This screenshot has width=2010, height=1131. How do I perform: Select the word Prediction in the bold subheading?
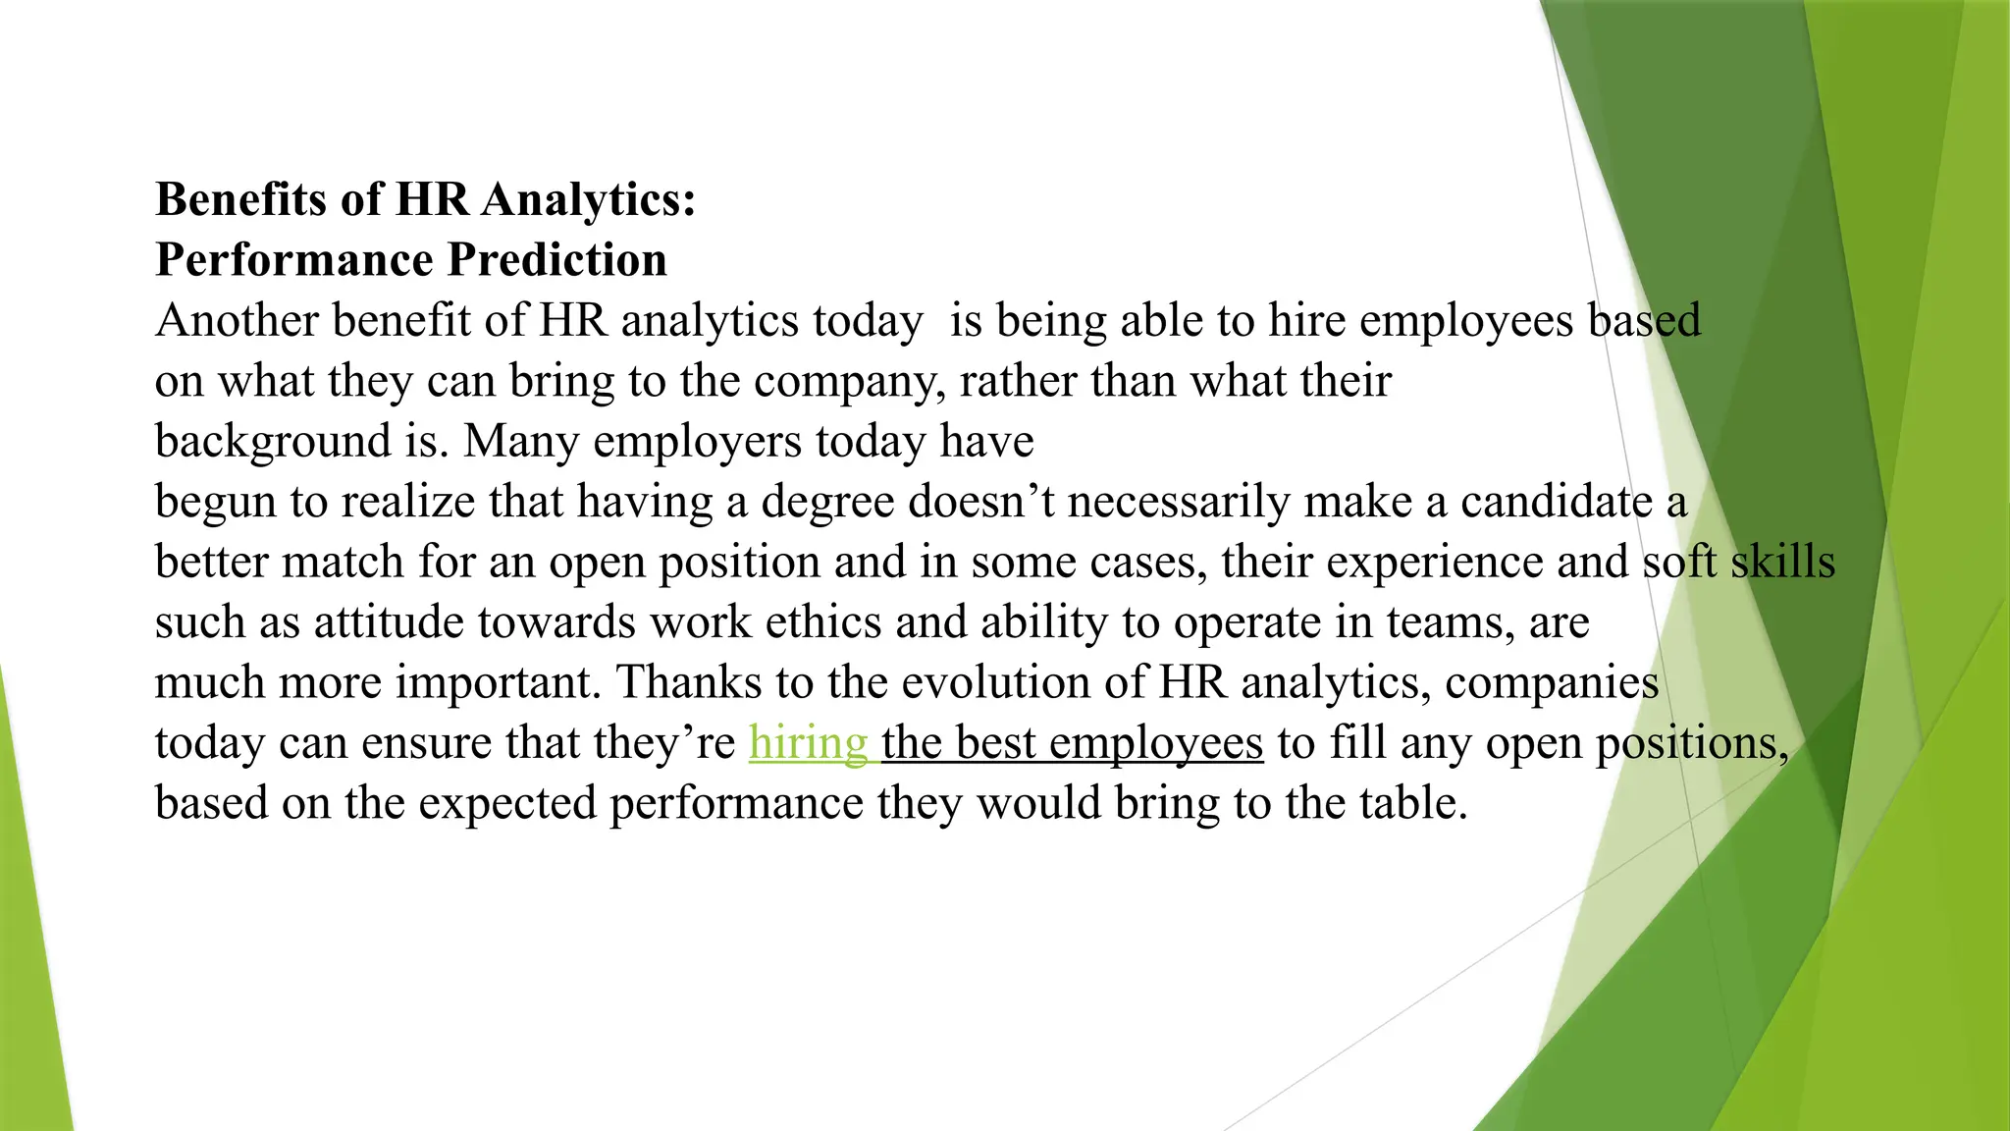(x=556, y=260)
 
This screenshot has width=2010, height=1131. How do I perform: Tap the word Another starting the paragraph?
(x=237, y=321)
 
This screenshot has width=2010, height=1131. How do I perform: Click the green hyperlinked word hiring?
(x=808, y=743)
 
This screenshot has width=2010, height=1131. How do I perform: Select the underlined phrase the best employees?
(x=1072, y=743)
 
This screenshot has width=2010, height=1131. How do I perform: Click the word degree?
(x=827, y=502)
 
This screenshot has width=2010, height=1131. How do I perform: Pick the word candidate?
(x=1556, y=502)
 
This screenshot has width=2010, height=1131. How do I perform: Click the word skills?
(x=1782, y=563)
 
